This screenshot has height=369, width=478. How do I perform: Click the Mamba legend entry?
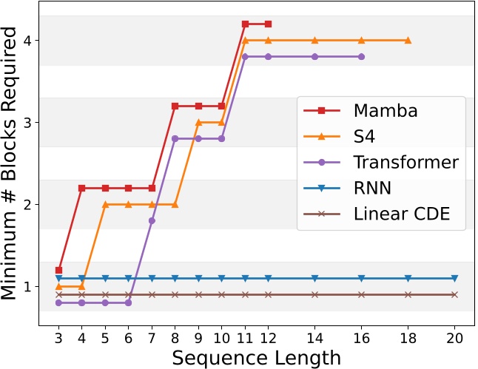coord(385,111)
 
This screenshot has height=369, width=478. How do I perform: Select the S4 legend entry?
coord(366,137)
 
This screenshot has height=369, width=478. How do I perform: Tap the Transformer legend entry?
coord(405,162)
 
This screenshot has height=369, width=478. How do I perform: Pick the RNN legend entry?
coord(373,188)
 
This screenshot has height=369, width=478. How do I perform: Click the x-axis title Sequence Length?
coord(257,357)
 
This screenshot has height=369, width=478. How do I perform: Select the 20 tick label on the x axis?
coord(454,336)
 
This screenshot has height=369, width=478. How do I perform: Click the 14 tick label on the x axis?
coord(314,336)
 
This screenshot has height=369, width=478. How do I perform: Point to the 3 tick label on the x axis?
coord(58,336)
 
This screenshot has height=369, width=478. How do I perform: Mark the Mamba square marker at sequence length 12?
coord(268,24)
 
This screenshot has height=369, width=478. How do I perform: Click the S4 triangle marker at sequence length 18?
coord(408,40)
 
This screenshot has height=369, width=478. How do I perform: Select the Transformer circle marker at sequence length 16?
coord(361,56)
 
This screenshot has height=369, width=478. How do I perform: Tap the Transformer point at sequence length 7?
coord(152,220)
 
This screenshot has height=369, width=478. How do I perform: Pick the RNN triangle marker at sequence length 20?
coord(454,278)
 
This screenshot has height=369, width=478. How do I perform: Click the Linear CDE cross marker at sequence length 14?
coord(314,294)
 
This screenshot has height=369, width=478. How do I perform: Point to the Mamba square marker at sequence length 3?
coord(58,270)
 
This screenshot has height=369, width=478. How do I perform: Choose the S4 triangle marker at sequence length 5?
coord(105,204)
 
